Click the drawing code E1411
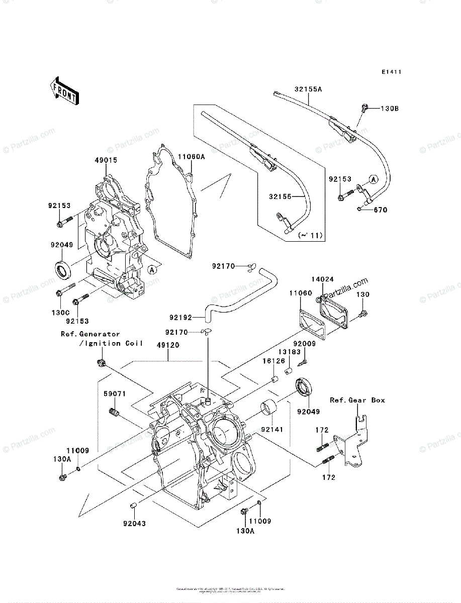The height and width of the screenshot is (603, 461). click(x=391, y=72)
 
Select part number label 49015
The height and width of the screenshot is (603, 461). click(x=106, y=160)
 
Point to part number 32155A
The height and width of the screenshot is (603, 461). click(x=308, y=89)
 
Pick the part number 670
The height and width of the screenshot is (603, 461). click(x=380, y=210)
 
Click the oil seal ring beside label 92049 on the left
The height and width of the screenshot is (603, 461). click(x=63, y=270)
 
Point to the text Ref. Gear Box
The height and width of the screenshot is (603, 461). click(x=357, y=400)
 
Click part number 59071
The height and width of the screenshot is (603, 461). click(x=115, y=394)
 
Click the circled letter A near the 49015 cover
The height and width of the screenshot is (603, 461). click(x=152, y=270)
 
